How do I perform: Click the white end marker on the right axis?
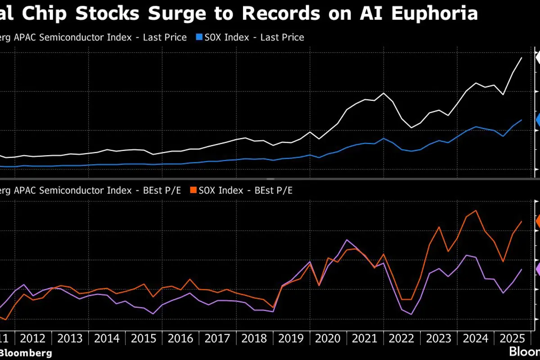(538, 57)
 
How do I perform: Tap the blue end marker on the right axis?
(538, 120)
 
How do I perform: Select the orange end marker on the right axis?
(538, 221)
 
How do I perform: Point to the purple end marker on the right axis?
(538, 269)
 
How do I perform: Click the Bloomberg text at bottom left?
(26, 353)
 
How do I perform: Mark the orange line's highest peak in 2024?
(476, 210)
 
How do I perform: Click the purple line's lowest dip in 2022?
(411, 314)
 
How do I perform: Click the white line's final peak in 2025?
(521, 58)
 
